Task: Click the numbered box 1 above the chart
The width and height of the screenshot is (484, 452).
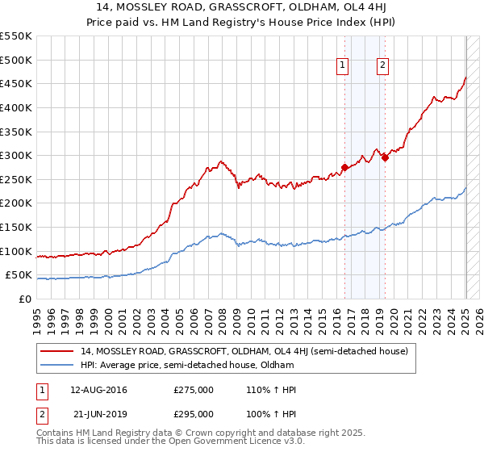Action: coord(343,66)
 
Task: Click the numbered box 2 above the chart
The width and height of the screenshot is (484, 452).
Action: coord(382,66)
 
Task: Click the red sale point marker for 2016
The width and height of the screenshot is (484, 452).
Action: coord(344,168)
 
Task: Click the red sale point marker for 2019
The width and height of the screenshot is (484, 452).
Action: coord(385,158)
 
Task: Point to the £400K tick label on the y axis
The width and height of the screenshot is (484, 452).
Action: coord(15,107)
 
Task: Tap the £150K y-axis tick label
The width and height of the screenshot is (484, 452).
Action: coord(15,228)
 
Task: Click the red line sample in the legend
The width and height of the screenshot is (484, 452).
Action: coord(57,351)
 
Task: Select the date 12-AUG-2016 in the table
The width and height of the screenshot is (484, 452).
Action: coord(98,390)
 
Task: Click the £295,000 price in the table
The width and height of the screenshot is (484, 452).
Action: coord(194,413)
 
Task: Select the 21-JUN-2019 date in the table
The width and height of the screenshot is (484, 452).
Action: coord(98,413)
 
